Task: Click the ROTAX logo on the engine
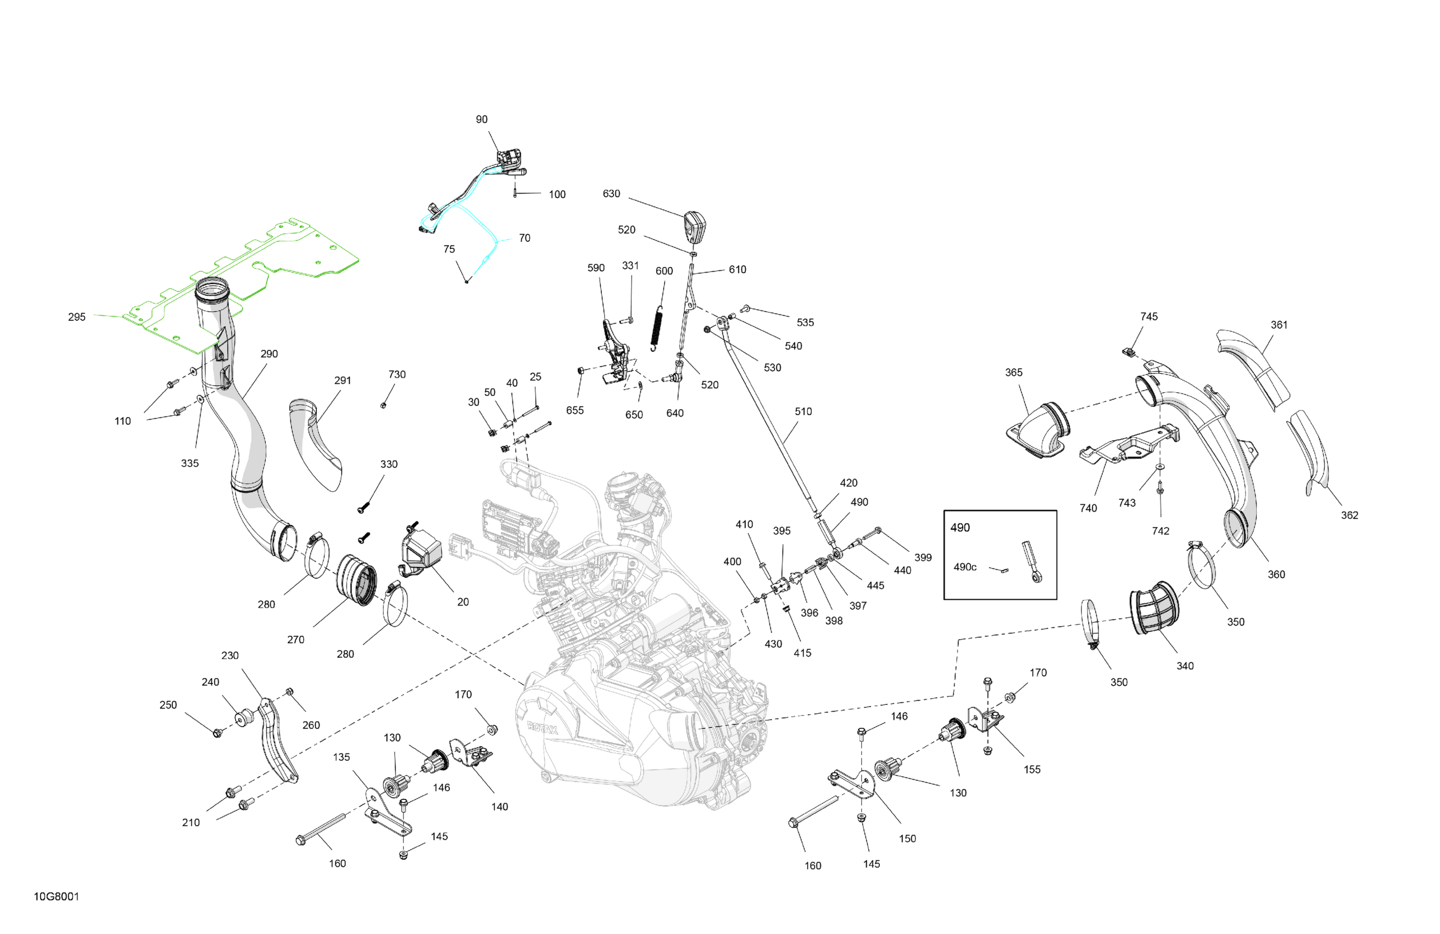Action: pyautogui.click(x=542, y=728)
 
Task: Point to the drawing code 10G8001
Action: pyautogui.click(x=56, y=897)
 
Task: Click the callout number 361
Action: pyautogui.click(x=1279, y=325)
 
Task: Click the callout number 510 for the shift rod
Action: pyautogui.click(x=803, y=412)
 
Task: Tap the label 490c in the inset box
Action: pyautogui.click(x=964, y=567)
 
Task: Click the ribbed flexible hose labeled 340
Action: pyautogui.click(x=1154, y=608)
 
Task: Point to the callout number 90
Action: pyautogui.click(x=482, y=120)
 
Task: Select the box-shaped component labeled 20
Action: pyautogui.click(x=421, y=552)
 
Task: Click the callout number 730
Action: pyautogui.click(x=397, y=375)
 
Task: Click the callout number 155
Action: pyautogui.click(x=1032, y=769)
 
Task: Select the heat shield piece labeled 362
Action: pyautogui.click(x=1310, y=451)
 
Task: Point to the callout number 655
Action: pyautogui.click(x=575, y=410)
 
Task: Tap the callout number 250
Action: pyautogui.click(x=168, y=705)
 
